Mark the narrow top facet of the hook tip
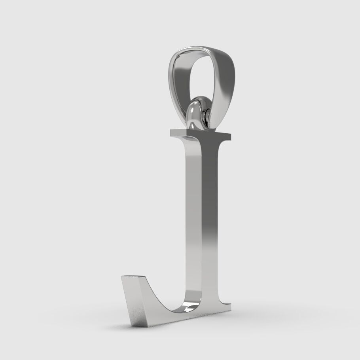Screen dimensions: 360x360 133,277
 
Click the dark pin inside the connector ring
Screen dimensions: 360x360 207,115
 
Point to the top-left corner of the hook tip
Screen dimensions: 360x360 122,276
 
